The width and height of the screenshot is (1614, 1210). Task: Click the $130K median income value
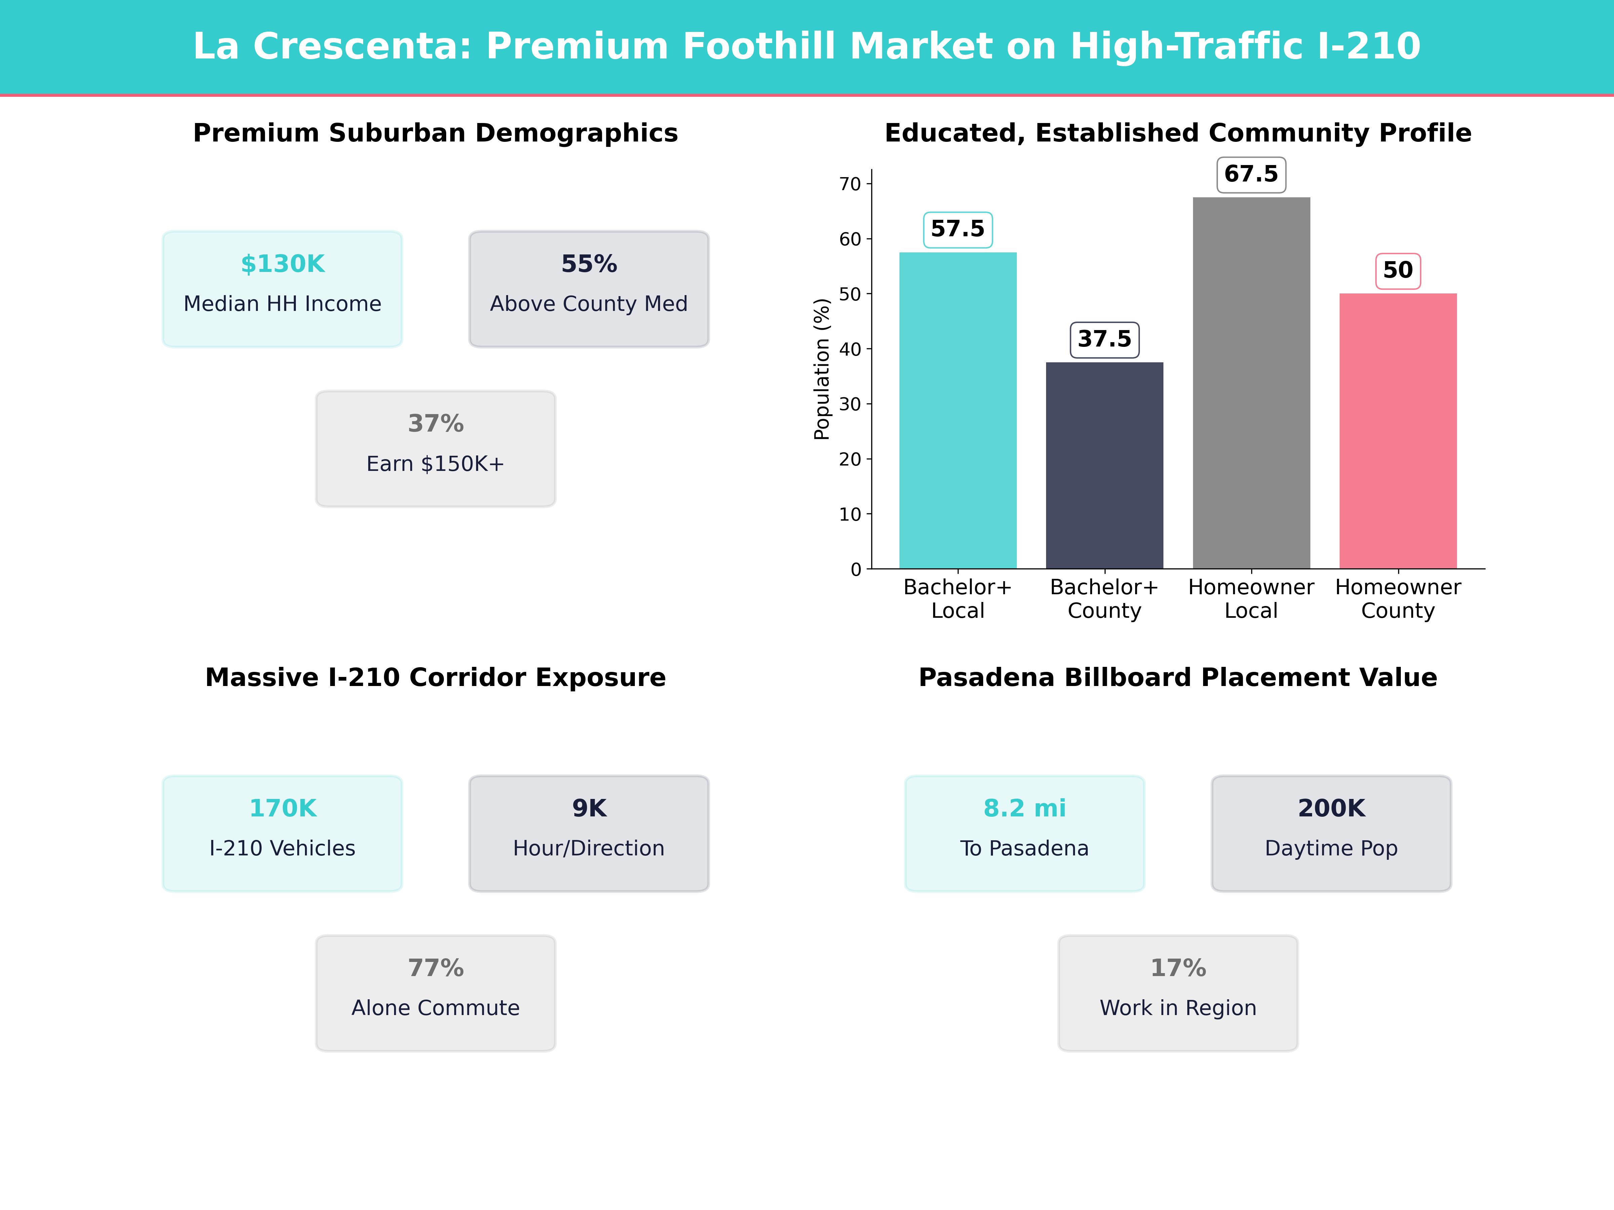[x=282, y=264]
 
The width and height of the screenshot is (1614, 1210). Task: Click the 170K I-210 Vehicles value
[x=282, y=808]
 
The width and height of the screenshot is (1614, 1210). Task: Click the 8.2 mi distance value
[x=1025, y=808]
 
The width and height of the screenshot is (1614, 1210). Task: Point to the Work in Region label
[x=1178, y=1008]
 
